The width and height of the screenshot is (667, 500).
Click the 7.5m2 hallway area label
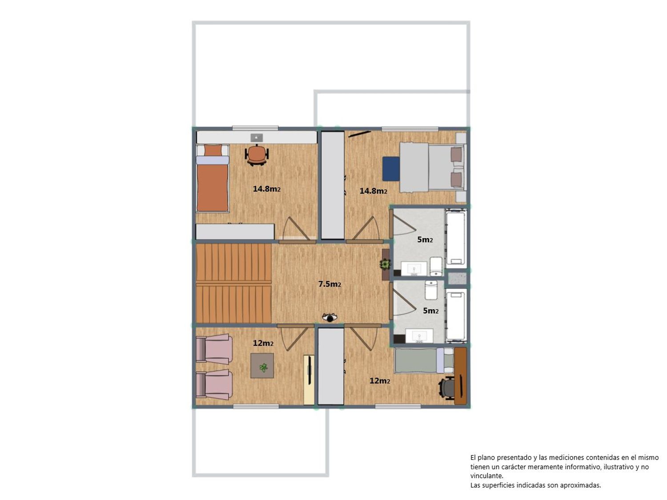point(329,284)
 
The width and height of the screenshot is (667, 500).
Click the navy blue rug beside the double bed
point(391,169)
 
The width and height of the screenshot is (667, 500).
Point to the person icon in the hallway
point(329,317)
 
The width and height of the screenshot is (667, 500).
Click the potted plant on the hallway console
point(386,264)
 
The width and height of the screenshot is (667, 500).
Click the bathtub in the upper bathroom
point(455,239)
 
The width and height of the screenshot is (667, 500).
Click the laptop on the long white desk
point(257,138)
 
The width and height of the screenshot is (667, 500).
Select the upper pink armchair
point(214,349)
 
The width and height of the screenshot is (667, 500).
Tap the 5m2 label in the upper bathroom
point(425,240)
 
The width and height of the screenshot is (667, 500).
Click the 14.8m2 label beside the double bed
point(373,191)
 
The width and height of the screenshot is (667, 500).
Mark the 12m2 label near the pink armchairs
point(263,343)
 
